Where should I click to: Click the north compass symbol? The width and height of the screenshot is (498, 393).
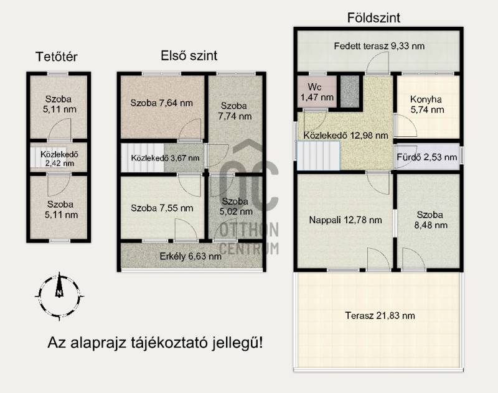point(59,296)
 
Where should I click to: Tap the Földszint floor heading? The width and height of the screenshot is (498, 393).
point(374,18)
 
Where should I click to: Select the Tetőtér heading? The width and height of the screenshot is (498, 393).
point(57,57)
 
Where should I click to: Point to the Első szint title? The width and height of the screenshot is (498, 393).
point(189,56)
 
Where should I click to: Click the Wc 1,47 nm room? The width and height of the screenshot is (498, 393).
point(317,92)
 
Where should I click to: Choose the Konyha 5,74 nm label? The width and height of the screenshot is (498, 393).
point(427,104)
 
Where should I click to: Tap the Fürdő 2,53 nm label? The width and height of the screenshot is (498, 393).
point(427,157)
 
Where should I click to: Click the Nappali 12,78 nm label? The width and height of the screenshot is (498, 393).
point(345,220)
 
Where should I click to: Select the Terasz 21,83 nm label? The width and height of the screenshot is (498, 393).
point(380,316)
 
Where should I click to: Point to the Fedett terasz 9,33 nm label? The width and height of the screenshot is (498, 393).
point(379,46)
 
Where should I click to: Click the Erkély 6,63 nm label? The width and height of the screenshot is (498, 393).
point(190,256)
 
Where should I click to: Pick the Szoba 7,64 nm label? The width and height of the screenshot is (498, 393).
point(161,103)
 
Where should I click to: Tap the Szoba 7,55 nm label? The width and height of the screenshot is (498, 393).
point(162,208)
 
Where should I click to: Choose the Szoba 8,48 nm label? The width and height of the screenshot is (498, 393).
point(430,220)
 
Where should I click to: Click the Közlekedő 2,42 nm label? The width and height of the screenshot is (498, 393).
point(59,159)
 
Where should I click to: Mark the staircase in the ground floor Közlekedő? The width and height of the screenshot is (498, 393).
point(318,155)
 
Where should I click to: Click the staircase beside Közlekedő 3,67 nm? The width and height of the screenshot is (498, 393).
point(143,158)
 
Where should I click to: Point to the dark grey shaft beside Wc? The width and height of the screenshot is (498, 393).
point(350,91)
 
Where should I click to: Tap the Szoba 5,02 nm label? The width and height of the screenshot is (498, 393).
point(235,206)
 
